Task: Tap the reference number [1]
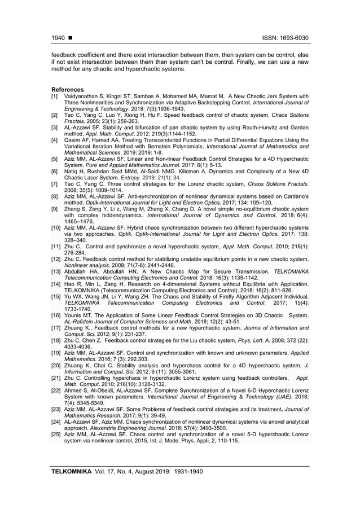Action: pyautogui.click(x=55, y=96)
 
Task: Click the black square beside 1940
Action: pyautogui.click(x=69, y=38)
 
